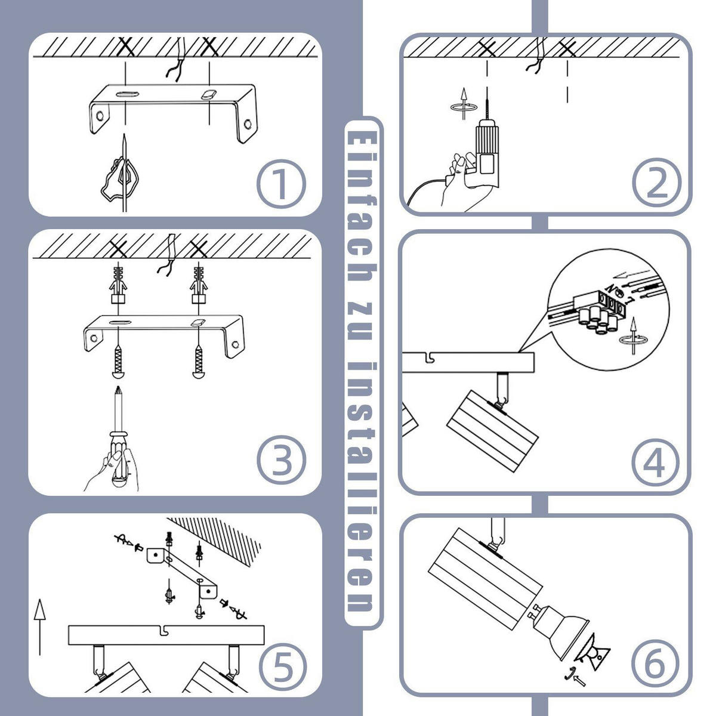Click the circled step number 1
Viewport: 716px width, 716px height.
[x=281, y=184]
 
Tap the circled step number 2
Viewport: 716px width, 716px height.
[x=656, y=183]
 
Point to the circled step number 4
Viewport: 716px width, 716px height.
[x=655, y=462]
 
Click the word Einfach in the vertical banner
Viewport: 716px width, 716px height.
[x=362, y=206]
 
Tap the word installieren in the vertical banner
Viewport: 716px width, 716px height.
[x=362, y=486]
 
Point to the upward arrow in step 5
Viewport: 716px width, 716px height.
[x=40, y=627]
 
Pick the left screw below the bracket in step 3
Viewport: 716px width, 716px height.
[x=118, y=362]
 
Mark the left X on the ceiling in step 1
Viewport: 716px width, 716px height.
[x=126, y=47]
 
